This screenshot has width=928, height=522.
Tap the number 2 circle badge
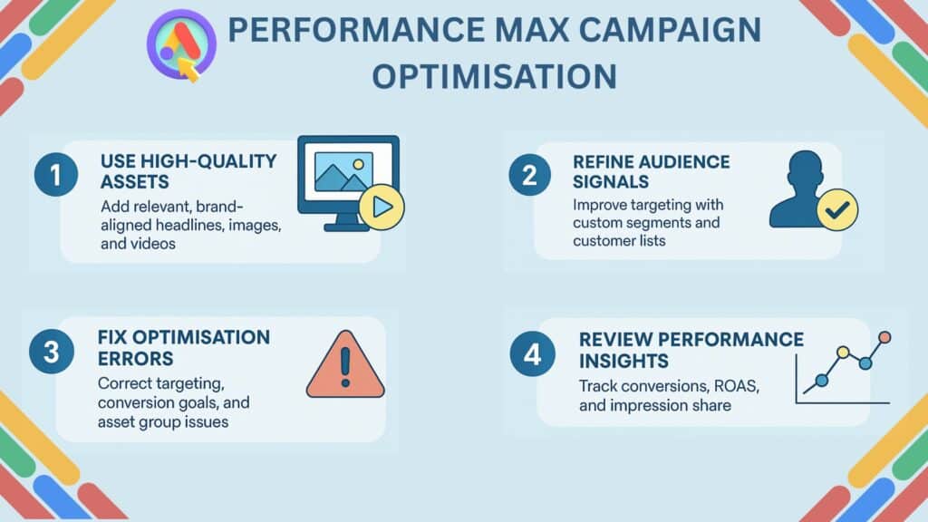[x=529, y=176]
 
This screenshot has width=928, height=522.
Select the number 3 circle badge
[x=52, y=353]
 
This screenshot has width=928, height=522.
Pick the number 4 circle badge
[x=530, y=353]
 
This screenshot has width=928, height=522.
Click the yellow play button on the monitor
[x=382, y=208]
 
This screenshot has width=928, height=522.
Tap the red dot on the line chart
[x=885, y=337]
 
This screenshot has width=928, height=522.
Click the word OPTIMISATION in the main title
[x=495, y=76]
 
